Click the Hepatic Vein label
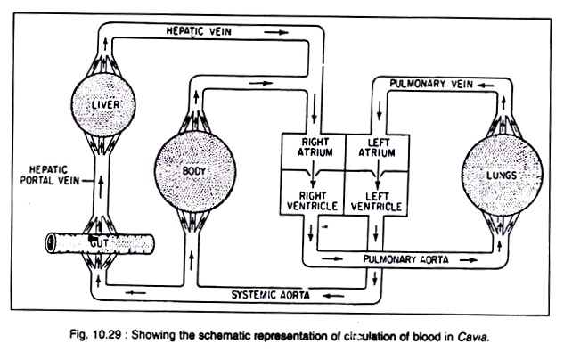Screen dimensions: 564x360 pos(199,31)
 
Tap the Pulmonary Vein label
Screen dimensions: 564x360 pos(431,84)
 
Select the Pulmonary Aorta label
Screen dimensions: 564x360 pos(405,259)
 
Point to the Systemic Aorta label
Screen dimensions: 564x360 pos(271,295)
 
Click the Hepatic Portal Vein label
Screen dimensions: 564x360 pos(50,175)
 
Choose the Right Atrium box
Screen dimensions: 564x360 pos(313,152)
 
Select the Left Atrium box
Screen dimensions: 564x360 pos(377,152)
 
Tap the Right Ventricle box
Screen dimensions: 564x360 pos(312,193)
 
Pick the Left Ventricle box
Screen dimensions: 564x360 pos(376,193)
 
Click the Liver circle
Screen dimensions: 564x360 pos(103,104)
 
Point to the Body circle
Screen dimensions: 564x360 pos(195,171)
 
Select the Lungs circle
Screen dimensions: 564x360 pos(503,175)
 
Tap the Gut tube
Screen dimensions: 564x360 pos(100,243)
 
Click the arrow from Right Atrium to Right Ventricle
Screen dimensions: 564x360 pos(313,174)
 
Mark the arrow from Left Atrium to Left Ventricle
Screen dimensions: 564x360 pos(378,174)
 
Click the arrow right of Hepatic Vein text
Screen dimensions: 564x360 pos(276,32)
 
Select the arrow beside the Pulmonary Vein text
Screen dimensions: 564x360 pos(486,86)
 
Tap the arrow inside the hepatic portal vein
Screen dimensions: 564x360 pos(101,187)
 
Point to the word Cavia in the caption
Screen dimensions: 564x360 pos(473,338)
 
